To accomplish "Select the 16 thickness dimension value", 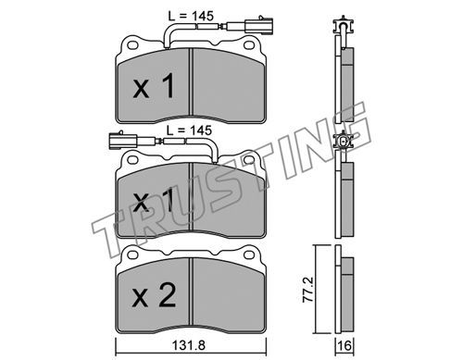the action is click(344, 345).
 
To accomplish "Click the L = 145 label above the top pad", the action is click(191, 16).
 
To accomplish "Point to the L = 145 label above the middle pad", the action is click(189, 130).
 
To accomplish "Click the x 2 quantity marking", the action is click(154, 296).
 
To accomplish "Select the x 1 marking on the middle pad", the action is click(153, 202).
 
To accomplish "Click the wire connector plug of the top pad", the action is click(258, 26).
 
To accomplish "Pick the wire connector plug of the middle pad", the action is click(123, 141).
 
